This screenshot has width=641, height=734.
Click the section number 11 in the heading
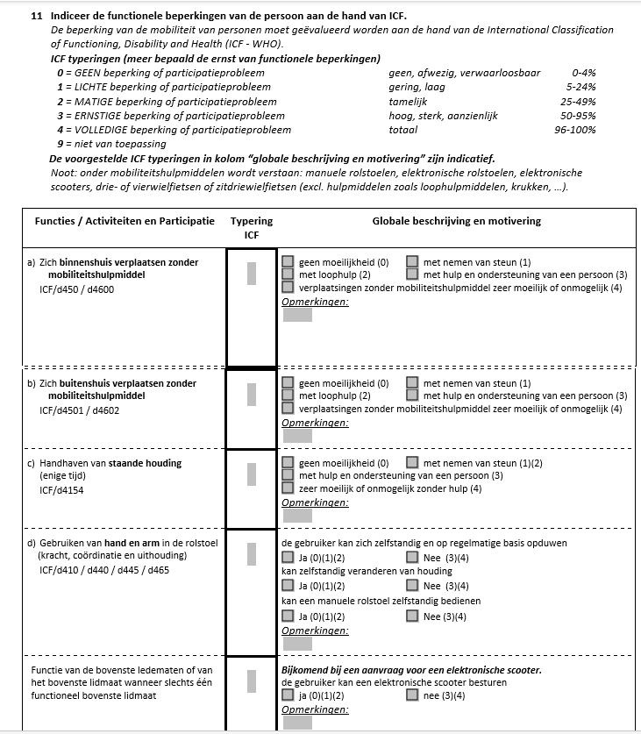(36, 16)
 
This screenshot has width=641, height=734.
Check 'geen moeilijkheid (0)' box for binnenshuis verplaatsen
(288, 261)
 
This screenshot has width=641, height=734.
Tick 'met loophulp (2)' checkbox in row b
(288, 396)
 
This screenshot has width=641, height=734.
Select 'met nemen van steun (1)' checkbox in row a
(412, 261)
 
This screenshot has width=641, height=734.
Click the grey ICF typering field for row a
(252, 273)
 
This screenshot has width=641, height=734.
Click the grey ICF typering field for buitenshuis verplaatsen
(252, 394)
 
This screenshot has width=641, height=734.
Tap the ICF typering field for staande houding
(252, 474)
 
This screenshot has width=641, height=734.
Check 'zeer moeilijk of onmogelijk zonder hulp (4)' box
(288, 488)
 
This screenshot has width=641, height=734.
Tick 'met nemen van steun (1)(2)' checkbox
(412, 462)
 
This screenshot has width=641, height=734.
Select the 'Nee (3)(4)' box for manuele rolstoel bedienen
(412, 616)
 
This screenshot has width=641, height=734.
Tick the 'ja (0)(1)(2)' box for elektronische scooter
(288, 695)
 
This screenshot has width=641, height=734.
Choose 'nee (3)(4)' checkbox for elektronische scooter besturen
(412, 695)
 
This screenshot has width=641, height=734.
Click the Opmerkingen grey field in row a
(297, 315)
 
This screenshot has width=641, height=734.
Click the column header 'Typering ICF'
(252, 228)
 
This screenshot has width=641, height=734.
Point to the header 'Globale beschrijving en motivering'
(456, 222)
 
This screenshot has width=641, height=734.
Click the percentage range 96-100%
(574, 130)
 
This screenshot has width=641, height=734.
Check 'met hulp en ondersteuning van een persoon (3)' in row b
(412, 396)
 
